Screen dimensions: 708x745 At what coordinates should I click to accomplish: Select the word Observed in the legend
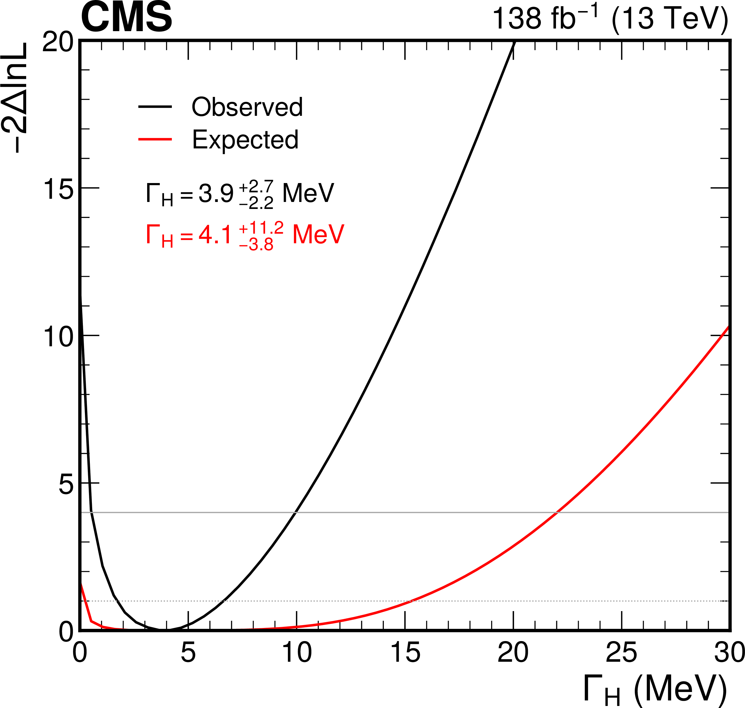(247, 107)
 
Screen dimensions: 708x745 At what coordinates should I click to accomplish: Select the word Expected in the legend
(245, 140)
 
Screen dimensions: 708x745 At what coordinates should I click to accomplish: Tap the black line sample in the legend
(155, 107)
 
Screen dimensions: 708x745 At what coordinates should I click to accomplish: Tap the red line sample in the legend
(155, 140)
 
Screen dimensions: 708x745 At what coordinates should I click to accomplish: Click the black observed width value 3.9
(216, 194)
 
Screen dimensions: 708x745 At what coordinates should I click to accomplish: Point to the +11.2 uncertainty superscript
(261, 228)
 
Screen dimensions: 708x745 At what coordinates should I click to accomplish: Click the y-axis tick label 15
(58, 189)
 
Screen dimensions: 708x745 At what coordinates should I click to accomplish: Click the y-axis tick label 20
(58, 42)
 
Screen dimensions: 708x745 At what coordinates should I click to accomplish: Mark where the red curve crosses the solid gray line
(557, 512)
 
